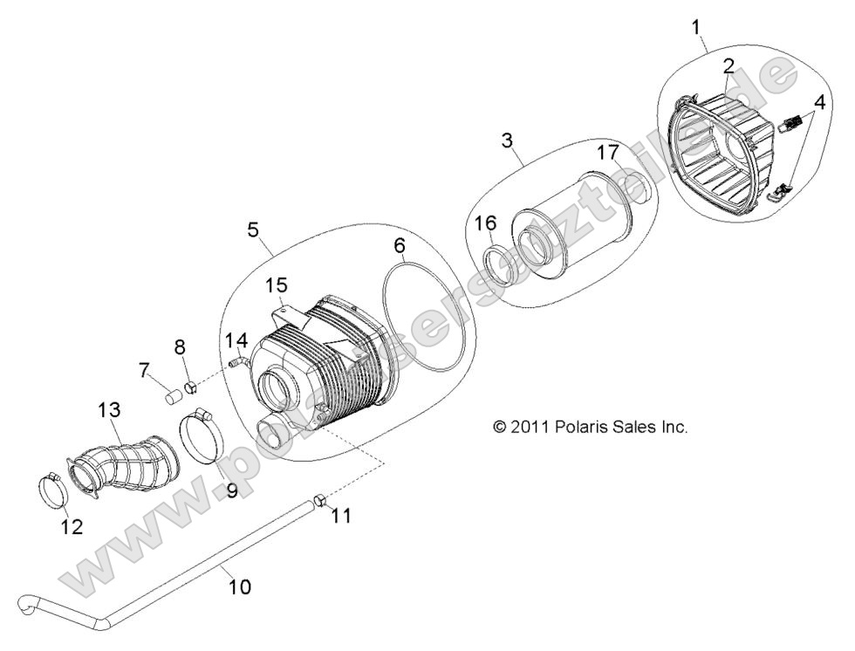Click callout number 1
[697, 27]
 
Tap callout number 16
[486, 225]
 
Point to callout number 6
[399, 246]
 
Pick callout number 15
[276, 284]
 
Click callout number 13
[109, 409]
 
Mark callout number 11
[341, 516]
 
